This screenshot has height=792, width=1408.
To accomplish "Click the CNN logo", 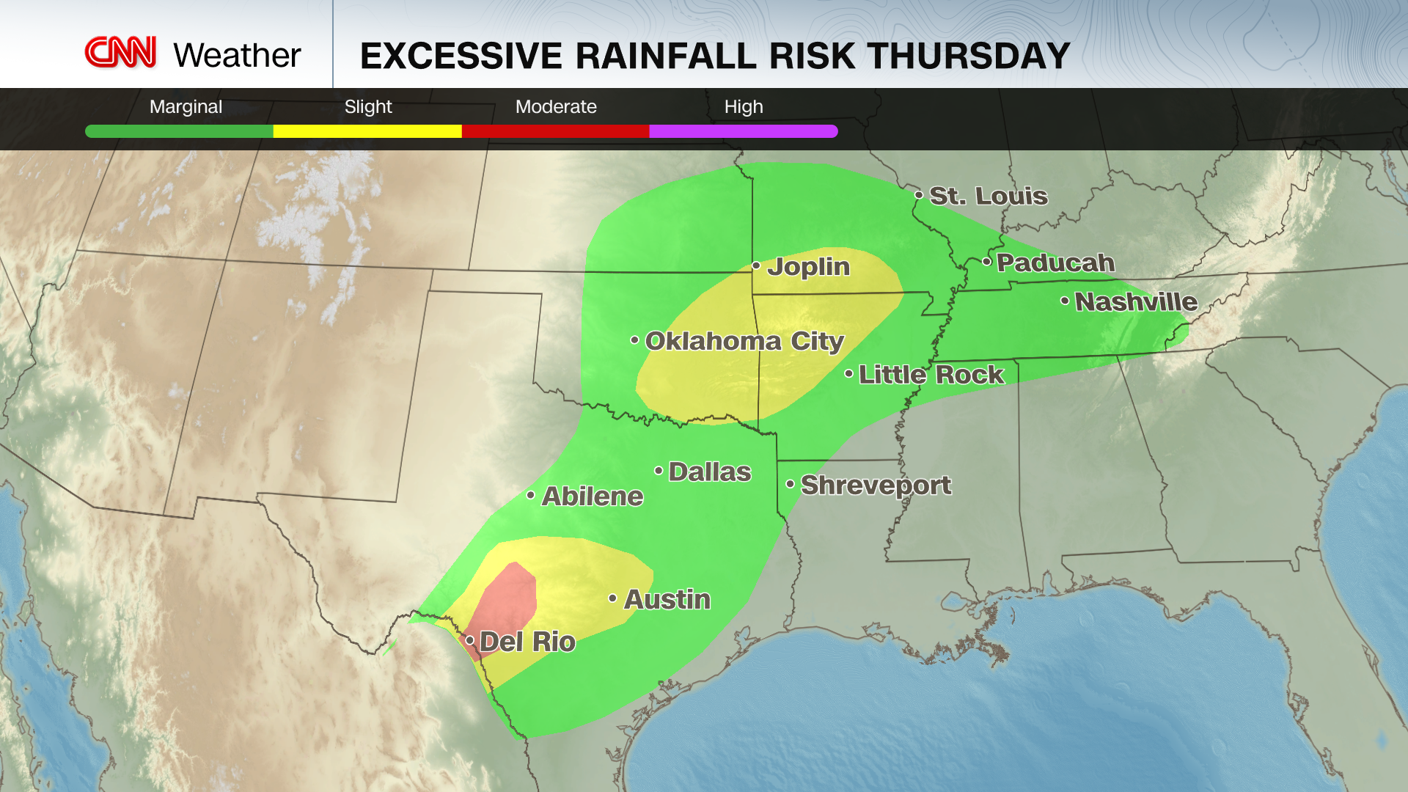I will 121,53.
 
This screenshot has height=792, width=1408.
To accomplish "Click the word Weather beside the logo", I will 237,56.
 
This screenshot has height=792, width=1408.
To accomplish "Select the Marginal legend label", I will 186,107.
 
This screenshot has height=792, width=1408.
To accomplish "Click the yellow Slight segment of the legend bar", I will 367,131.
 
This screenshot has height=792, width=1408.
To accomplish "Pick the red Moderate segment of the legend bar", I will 555,131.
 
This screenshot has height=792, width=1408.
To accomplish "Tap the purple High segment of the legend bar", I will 743,131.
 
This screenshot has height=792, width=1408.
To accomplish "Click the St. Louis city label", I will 988,196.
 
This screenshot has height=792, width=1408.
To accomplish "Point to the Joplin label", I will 808,267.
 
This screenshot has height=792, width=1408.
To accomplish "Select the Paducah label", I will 1055,263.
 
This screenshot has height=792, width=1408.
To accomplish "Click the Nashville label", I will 1135,301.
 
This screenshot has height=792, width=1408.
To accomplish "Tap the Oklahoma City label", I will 744,341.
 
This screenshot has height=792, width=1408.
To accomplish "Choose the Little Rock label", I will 931,375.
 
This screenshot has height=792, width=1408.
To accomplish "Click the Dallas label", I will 709,472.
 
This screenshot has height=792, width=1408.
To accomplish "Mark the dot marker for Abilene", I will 531,496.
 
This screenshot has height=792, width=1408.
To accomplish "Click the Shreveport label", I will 876,485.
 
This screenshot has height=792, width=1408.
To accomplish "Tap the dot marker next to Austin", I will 613,599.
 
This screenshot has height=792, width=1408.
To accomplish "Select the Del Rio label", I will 527,642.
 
